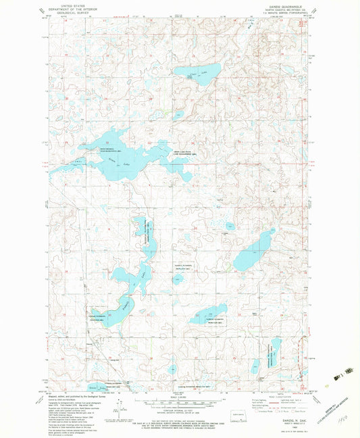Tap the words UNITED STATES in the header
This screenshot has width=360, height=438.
(66, 4)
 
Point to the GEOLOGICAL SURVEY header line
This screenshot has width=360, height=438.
(66, 11)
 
